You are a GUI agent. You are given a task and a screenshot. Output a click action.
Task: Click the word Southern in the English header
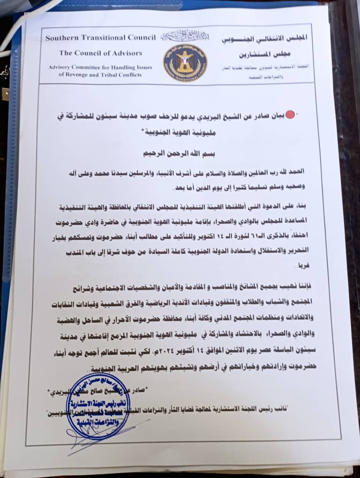point(62,38)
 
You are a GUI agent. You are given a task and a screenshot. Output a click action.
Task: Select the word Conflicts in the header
point(137,74)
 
